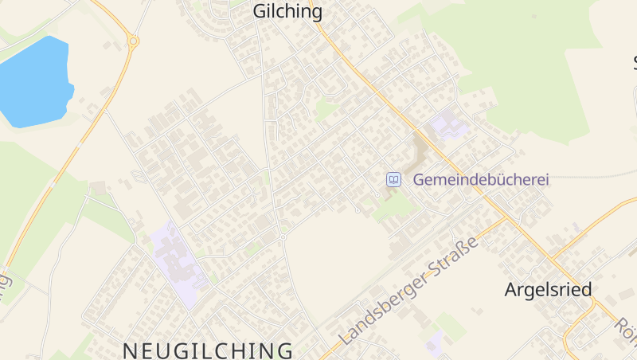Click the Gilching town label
click(287, 12)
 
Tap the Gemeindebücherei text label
click(481, 180)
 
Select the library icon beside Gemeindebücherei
click(393, 180)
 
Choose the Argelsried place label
click(548, 290)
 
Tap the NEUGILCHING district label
click(208, 350)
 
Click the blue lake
click(34, 80)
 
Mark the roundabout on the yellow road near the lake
click(133, 41)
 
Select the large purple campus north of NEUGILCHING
click(178, 264)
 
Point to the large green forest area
click(526, 64)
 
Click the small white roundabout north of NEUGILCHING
click(283, 237)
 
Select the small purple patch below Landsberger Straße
click(434, 342)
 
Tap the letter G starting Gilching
click(260, 12)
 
